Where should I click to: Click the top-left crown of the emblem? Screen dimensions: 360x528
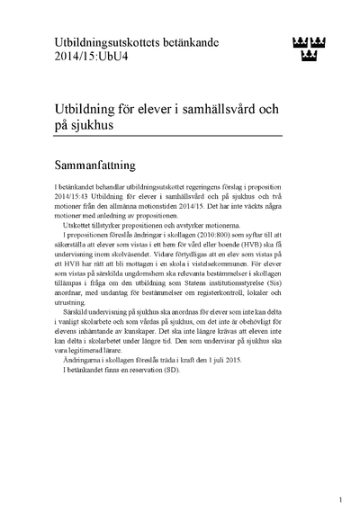point(301,41)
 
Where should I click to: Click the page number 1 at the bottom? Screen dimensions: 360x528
point(340,500)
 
